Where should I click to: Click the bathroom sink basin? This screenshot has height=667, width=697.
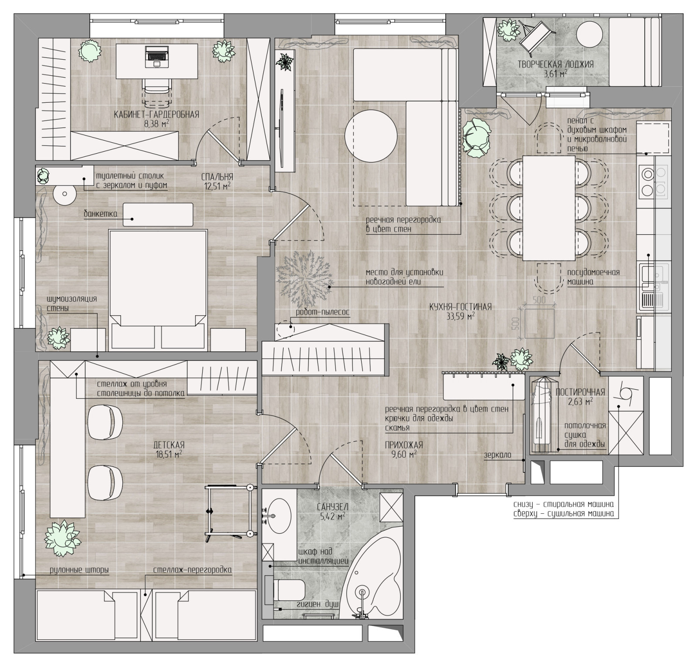pyautogui.click(x=279, y=515)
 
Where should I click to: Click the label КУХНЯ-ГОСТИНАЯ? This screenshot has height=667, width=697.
pyautogui.click(x=460, y=307)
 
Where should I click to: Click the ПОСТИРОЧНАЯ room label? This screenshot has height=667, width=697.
pyautogui.click(x=580, y=391)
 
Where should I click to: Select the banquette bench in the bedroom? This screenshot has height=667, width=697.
pyautogui.click(x=158, y=215)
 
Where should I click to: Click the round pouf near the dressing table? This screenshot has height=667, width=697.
pyautogui.click(x=64, y=194)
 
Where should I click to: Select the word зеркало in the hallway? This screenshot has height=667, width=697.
pyautogui.click(x=497, y=455)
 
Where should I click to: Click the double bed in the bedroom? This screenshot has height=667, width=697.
pyautogui.click(x=157, y=289)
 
